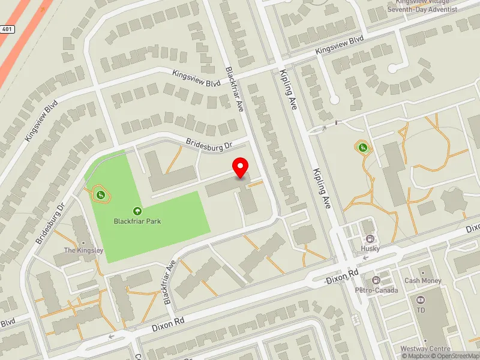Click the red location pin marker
241,168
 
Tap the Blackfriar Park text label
137,221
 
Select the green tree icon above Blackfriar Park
137,211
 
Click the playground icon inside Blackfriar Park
101,194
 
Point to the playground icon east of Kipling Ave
362,147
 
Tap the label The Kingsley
84,250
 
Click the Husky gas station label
370,248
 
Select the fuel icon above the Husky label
370,239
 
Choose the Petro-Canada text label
376,290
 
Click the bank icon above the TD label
420,299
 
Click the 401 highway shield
7,29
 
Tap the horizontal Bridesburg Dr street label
209,145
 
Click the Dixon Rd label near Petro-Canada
342,277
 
